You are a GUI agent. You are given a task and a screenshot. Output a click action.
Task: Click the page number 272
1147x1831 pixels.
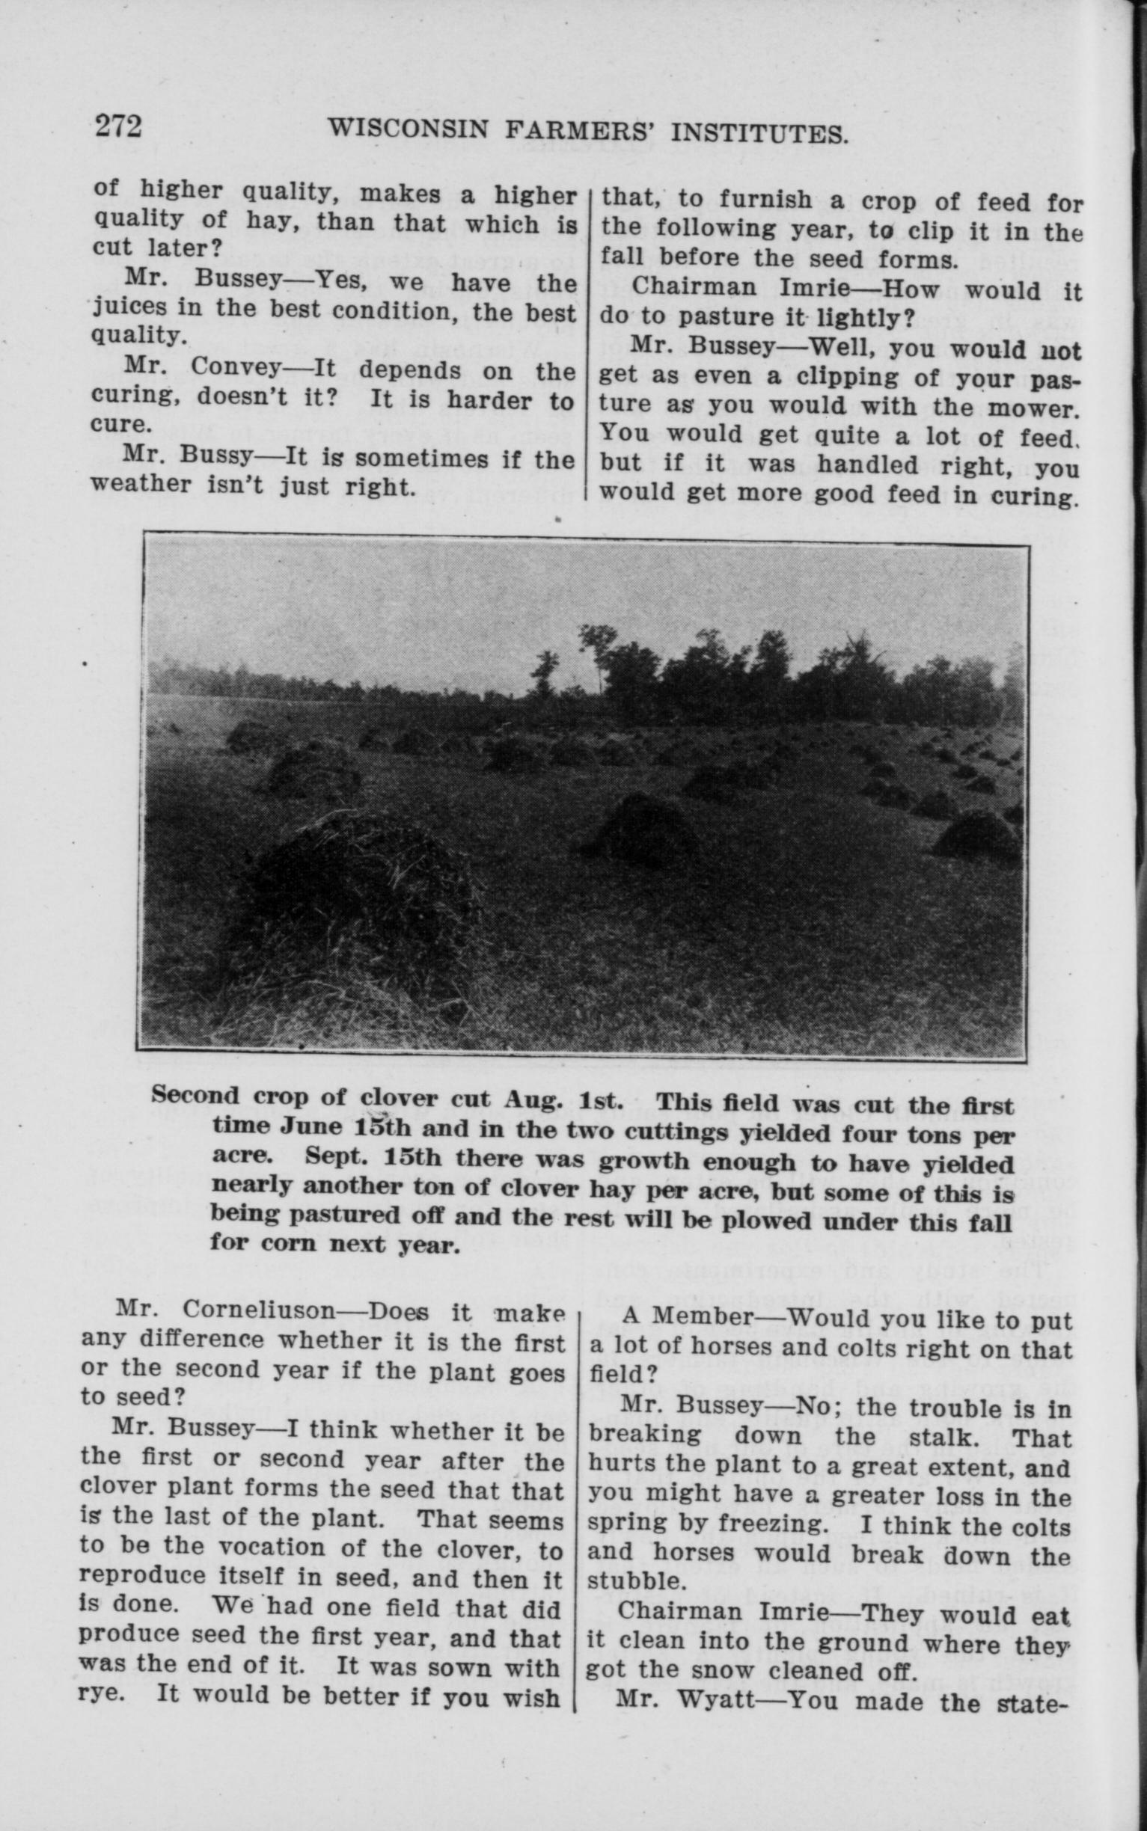click(118, 125)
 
